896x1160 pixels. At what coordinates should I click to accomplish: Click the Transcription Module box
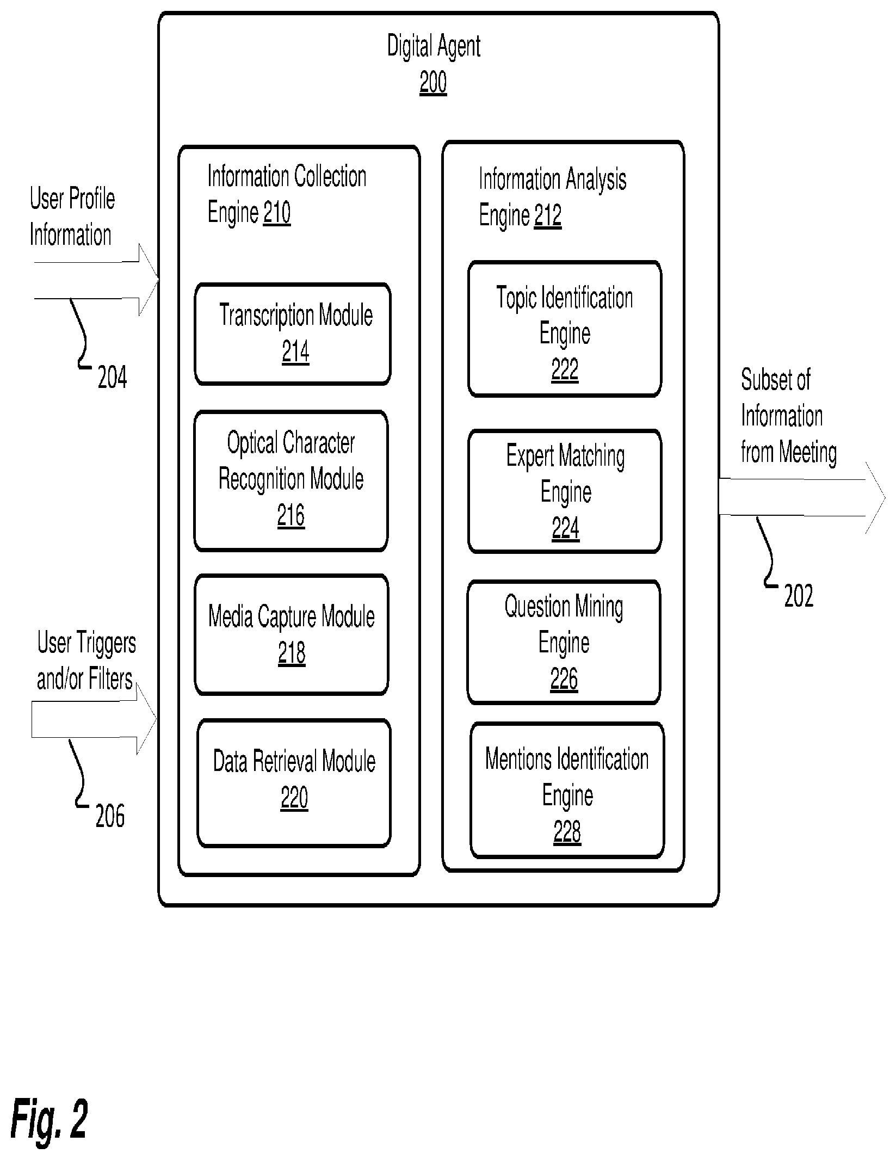click(x=293, y=334)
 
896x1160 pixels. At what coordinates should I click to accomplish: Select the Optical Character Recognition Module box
click(x=291, y=481)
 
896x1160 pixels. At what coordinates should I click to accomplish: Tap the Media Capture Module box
click(x=292, y=634)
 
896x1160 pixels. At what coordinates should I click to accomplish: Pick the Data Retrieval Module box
click(x=294, y=783)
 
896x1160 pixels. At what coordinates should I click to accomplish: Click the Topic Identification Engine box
click(x=565, y=329)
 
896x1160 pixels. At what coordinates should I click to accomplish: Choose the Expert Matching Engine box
click(x=565, y=491)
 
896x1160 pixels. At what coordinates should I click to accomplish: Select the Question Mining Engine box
click(x=564, y=642)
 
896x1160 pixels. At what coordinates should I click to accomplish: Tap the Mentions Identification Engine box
click(x=567, y=790)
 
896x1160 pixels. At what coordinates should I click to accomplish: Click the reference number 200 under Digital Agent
click(x=433, y=83)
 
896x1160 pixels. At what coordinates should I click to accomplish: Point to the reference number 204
click(x=112, y=377)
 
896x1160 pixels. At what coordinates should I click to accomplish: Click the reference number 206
click(x=110, y=816)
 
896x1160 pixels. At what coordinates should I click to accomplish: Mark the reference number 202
click(x=799, y=596)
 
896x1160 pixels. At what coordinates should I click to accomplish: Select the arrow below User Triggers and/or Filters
click(x=94, y=719)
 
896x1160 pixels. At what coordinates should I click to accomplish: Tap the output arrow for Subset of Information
click(x=802, y=497)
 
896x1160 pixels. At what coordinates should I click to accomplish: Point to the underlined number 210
click(x=277, y=212)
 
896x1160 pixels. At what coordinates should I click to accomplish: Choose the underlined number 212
click(x=548, y=215)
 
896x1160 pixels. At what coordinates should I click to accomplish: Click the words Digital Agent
click(x=434, y=46)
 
